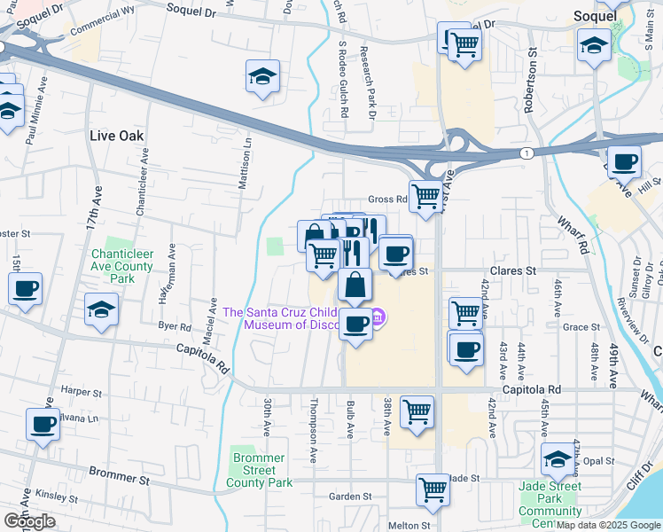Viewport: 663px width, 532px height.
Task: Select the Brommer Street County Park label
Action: point(259,470)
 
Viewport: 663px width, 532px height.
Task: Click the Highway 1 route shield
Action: point(528,153)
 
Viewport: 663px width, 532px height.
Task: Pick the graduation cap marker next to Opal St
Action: point(558,459)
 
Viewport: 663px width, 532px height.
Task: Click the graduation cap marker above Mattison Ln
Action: point(262,77)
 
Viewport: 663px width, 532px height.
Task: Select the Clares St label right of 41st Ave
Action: point(513,270)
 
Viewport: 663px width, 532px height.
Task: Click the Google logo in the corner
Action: point(29,521)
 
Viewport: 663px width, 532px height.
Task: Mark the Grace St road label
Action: point(582,326)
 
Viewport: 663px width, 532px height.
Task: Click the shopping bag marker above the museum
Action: point(355,286)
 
